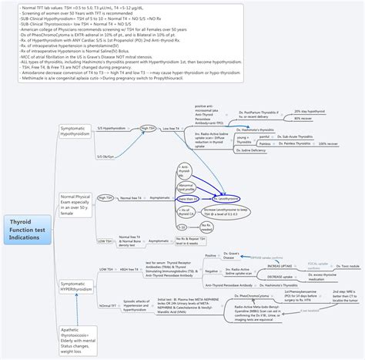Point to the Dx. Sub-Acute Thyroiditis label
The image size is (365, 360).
[296, 136]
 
